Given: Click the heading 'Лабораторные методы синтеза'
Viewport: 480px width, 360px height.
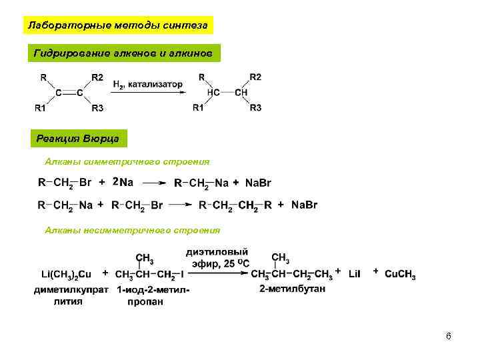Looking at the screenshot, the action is tap(117, 25).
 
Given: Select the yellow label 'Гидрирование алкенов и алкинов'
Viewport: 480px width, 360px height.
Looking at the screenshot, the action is tap(123, 53).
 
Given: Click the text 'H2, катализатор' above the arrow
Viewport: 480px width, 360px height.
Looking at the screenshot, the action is tap(147, 85).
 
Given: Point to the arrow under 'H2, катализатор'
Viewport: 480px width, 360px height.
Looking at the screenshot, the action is tap(147, 93).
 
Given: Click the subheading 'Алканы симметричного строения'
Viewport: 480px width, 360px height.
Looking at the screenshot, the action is tap(127, 161).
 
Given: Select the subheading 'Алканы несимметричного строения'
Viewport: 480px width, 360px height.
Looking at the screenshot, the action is tap(132, 230).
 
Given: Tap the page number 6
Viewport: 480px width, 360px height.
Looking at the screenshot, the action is tap(449, 336).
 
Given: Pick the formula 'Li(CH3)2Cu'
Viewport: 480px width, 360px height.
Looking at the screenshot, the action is tap(65, 274).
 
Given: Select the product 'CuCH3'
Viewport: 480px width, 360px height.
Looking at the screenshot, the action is tap(400, 274).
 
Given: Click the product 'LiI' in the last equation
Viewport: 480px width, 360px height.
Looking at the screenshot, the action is tap(354, 274).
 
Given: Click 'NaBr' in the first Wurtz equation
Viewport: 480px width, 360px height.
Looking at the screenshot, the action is tap(259, 183).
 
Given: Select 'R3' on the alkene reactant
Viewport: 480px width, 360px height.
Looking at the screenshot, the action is tap(98, 108).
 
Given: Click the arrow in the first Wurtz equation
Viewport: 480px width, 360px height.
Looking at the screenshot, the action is tap(155, 182).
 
